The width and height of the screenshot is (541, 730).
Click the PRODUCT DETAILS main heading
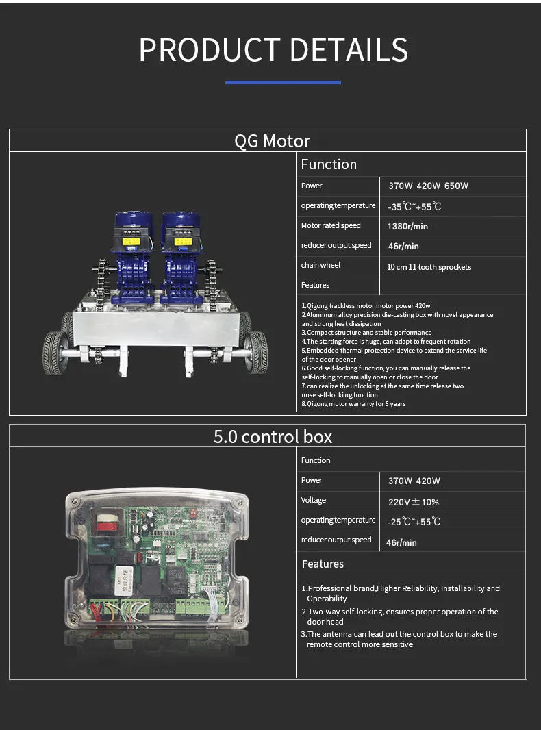pyautogui.click(x=273, y=50)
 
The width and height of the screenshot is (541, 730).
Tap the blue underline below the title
pyautogui.click(x=283, y=82)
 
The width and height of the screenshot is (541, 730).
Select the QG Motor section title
pyautogui.click(x=272, y=140)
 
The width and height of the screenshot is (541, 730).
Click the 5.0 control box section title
pyautogui.click(x=273, y=437)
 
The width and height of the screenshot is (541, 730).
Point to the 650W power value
pyautogui.click(x=456, y=186)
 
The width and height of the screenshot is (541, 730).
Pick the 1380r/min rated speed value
pyautogui.click(x=408, y=226)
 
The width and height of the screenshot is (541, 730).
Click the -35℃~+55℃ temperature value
pyautogui.click(x=414, y=206)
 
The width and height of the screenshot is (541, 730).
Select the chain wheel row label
pyautogui.click(x=320, y=265)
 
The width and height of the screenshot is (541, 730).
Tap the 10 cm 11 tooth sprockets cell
pyautogui.click(x=429, y=267)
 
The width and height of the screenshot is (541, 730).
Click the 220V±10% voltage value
pyautogui.click(x=414, y=502)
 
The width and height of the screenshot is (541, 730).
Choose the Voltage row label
pyautogui.click(x=314, y=500)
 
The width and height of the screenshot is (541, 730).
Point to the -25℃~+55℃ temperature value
pyautogui.click(x=414, y=521)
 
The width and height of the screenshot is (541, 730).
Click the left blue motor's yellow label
pyautogui.click(x=131, y=241)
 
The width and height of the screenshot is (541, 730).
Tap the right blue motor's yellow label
pyautogui.click(x=183, y=241)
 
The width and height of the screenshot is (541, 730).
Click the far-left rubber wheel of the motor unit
pyautogui.click(x=53, y=353)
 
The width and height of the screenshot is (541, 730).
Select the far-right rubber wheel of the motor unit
pyautogui.click(x=256, y=353)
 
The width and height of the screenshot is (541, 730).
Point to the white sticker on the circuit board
pyautogui.click(x=125, y=579)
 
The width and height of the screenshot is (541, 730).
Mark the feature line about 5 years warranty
pyautogui.click(x=354, y=403)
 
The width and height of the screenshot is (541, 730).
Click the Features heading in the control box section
pyautogui.click(x=323, y=564)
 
